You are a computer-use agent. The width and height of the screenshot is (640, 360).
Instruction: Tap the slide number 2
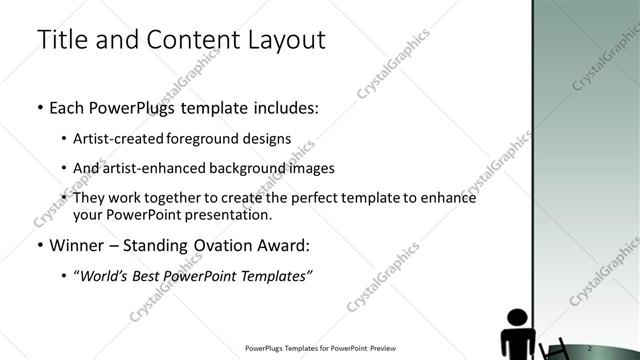pos(602,347)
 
